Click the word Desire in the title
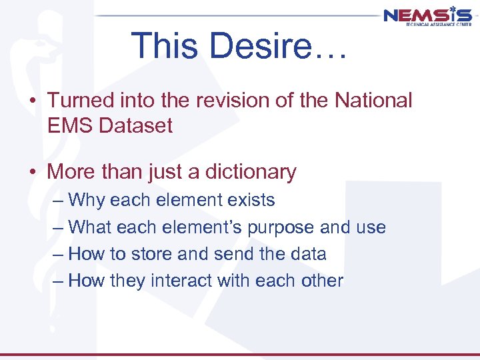pos(275,46)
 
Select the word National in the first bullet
pos(374,101)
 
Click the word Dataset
pos(136,125)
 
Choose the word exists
pos(250,200)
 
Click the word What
pos(90,227)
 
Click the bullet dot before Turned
pos(32,101)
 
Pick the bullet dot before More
pos(32,173)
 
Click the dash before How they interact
pos(58,281)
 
